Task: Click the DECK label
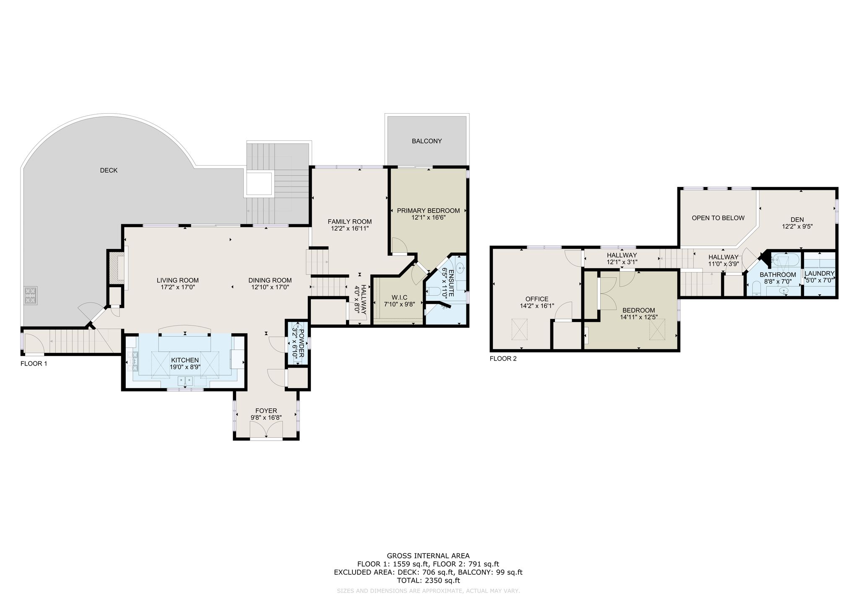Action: coord(109,170)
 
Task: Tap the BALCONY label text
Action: coord(427,141)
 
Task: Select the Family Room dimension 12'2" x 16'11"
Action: coord(349,228)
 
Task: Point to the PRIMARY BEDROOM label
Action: coord(428,210)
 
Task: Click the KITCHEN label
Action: coord(185,360)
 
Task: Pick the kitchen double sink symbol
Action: coord(185,381)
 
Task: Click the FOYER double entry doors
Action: coord(266,430)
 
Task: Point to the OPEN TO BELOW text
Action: coord(718,218)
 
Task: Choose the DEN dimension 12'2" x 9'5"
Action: coord(797,226)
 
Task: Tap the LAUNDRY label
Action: coord(820,273)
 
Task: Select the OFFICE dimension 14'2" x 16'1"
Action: coord(537,306)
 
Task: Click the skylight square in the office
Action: coord(519,329)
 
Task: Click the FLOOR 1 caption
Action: coord(34,364)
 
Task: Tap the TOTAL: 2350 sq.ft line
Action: coord(428,581)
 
